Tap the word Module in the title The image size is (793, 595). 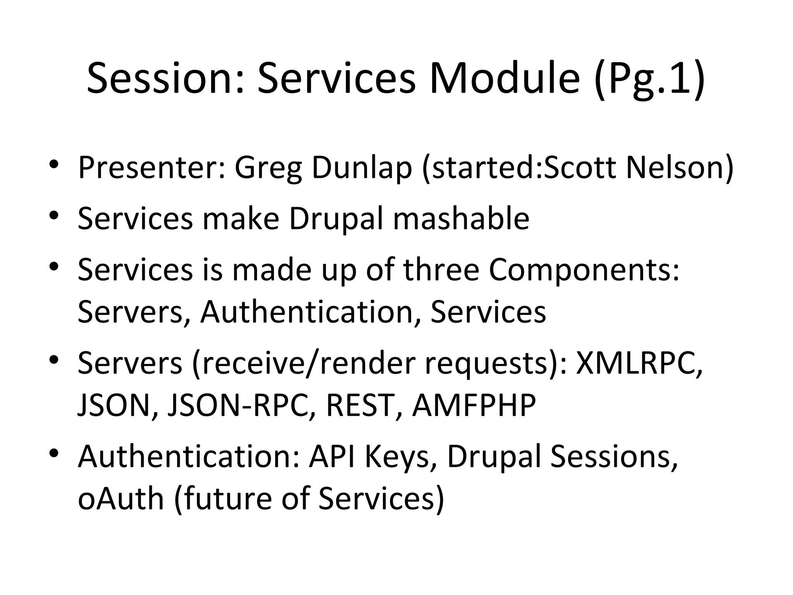[505, 79]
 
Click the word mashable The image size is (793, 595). [461, 218]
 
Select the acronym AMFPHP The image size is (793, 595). [474, 405]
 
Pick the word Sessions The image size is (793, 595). [614, 457]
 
